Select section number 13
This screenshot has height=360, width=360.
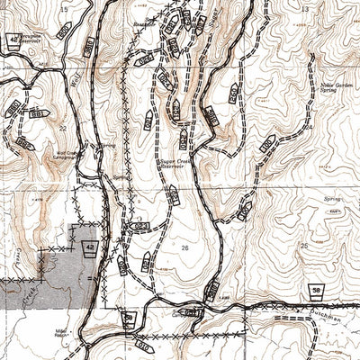[303, 8]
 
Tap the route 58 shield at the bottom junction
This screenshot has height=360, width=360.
[131, 317]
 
